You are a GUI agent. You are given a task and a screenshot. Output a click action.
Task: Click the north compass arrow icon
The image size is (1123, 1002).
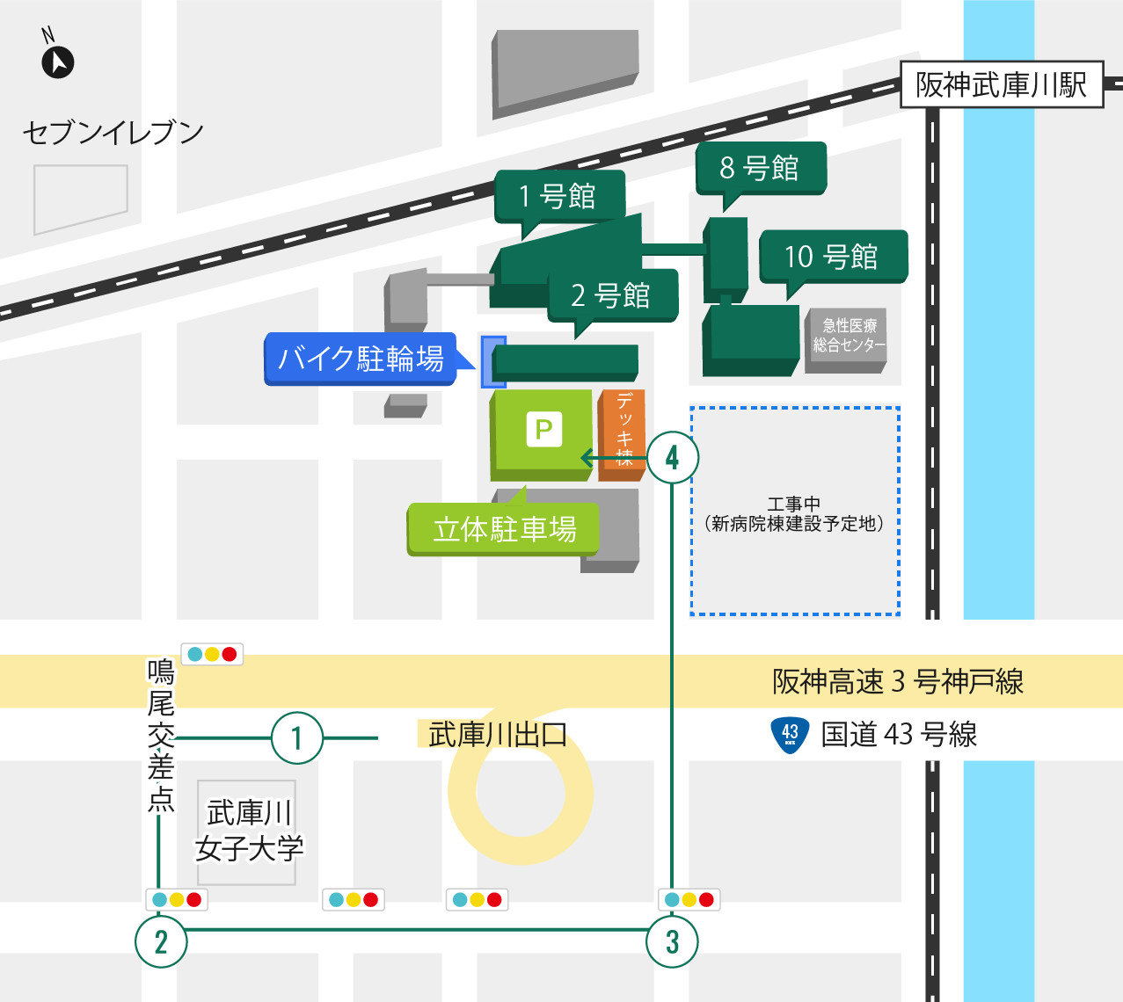pyautogui.click(x=58, y=62)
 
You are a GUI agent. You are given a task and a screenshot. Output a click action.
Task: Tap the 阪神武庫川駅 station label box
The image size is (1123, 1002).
pyautogui.click(x=1002, y=85)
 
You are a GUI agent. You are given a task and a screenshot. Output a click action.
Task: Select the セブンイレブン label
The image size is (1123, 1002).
pyautogui.click(x=113, y=133)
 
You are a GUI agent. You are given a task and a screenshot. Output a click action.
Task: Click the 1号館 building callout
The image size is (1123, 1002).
pyautogui.click(x=559, y=196)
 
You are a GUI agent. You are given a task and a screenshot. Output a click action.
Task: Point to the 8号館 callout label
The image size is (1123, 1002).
pyautogui.click(x=761, y=167)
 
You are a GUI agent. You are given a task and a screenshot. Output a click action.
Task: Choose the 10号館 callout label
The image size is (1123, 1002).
pyautogui.click(x=832, y=257)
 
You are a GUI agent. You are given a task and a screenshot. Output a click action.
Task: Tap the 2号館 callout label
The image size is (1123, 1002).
pyautogui.click(x=612, y=295)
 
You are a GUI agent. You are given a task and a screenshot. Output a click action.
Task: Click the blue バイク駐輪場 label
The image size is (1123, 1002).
pyautogui.click(x=361, y=359)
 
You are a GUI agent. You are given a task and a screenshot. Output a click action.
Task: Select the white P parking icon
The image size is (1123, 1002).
pyautogui.click(x=543, y=429)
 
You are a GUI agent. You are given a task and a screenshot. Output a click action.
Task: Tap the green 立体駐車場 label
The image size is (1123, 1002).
pyautogui.click(x=503, y=529)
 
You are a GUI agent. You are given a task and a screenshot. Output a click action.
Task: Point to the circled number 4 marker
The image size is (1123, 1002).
pyautogui.click(x=673, y=458)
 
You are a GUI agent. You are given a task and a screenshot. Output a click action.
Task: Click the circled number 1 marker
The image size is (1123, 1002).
pyautogui.click(x=297, y=738)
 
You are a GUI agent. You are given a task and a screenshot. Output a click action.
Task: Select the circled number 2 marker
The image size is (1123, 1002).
pyautogui.click(x=161, y=941)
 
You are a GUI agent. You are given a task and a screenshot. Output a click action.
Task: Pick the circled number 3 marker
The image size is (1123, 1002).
pyautogui.click(x=673, y=941)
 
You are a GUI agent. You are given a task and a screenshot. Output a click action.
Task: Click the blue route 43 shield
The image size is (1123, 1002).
pyautogui.click(x=790, y=735)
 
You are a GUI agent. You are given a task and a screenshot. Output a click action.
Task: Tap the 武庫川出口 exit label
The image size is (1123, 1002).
pyautogui.click(x=497, y=735)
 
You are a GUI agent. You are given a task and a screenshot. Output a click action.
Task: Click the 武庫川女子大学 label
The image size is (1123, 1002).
pyautogui.click(x=248, y=831)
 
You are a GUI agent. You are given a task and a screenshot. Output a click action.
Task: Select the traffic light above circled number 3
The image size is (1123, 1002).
pyautogui.click(x=689, y=900)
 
